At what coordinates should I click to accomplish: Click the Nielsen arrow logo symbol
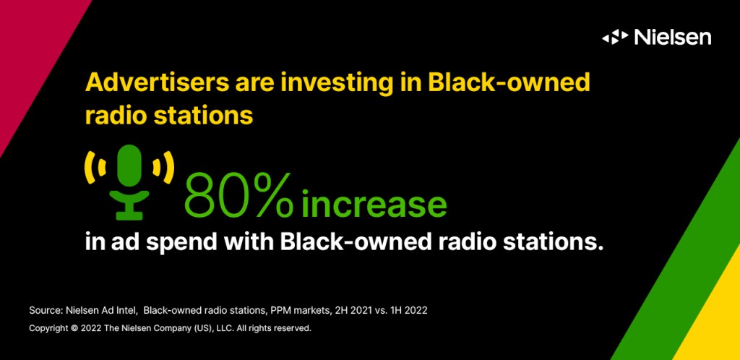[x=615, y=38]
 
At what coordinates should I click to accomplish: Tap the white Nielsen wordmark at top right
[x=673, y=37]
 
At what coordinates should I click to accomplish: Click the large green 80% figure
[x=238, y=194]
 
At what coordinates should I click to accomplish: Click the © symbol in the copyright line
[x=74, y=328]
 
